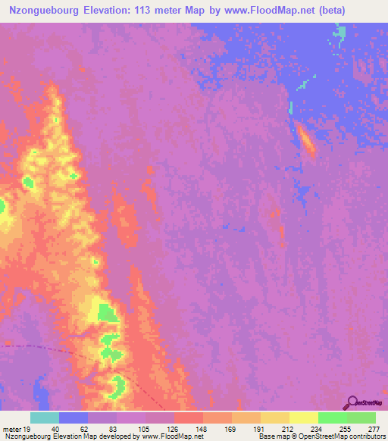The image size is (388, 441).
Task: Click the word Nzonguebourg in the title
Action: click(45, 10)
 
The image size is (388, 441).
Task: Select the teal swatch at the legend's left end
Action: click(45, 418)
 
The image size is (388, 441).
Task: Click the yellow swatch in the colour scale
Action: click(304, 418)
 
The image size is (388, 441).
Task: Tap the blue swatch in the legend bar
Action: click(74, 418)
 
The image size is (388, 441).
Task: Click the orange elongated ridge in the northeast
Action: click(307, 141)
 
